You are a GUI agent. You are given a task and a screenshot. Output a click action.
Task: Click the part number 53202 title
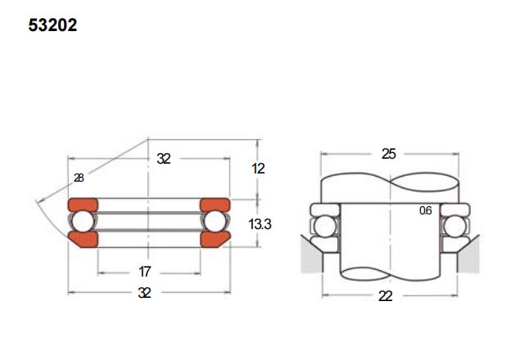click(52, 25)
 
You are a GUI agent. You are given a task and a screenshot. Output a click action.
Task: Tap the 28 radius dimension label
click(79, 178)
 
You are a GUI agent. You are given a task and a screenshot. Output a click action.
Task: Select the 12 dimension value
click(259, 169)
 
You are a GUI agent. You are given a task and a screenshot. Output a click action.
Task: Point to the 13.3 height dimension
click(260, 224)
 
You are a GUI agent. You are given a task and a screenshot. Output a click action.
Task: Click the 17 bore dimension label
click(145, 272)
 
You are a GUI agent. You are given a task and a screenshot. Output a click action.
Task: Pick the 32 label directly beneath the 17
click(144, 293)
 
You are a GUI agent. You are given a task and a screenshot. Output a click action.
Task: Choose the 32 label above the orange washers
click(164, 159)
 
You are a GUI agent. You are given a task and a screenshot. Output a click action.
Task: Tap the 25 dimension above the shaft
click(389, 154)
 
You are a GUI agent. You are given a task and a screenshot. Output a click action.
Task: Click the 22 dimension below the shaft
click(386, 296)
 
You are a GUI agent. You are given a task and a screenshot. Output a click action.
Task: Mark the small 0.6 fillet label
click(426, 210)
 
